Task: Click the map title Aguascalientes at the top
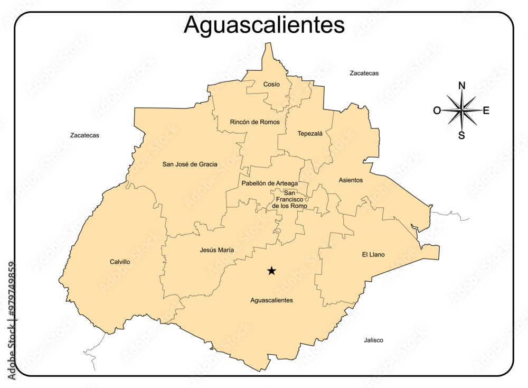264,25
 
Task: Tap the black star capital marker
271,271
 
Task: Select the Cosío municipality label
271,84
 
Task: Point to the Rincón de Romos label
254,122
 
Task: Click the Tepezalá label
310,133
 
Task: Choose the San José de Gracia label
190,164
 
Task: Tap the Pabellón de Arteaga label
269,183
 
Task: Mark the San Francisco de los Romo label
289,199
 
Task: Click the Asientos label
351,180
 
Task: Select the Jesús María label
217,250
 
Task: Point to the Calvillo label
120,262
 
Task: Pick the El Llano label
373,254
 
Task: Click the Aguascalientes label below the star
271,300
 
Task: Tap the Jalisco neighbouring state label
373,340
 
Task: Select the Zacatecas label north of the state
364,73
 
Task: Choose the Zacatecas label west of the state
84,135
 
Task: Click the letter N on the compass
461,86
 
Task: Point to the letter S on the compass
461,135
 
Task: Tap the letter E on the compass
486,110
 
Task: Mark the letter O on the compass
437,110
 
